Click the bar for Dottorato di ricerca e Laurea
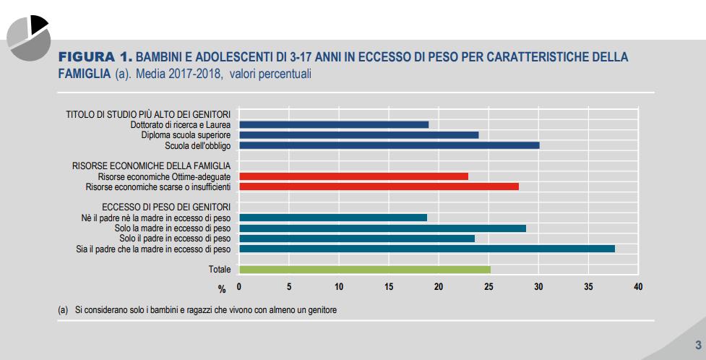tap(334, 124)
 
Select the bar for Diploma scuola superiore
tap(358, 134)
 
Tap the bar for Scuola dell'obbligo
tap(389, 145)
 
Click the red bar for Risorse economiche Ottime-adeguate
tap(353, 176)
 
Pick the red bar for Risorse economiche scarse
tap(379, 187)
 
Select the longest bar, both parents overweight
tap(426, 249)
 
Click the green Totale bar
tap(365, 270)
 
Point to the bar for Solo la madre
tap(382, 228)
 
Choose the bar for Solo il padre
tap(357, 238)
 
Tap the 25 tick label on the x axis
tap(488, 287)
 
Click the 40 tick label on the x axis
tap(637, 287)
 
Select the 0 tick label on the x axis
tap(239, 287)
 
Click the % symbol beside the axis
tap(223, 288)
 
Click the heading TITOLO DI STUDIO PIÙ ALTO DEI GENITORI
tap(148, 114)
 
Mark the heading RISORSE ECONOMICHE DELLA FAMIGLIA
tap(152, 166)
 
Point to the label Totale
tap(219, 270)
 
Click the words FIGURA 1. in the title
tap(95, 56)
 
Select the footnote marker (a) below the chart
tap(63, 310)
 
